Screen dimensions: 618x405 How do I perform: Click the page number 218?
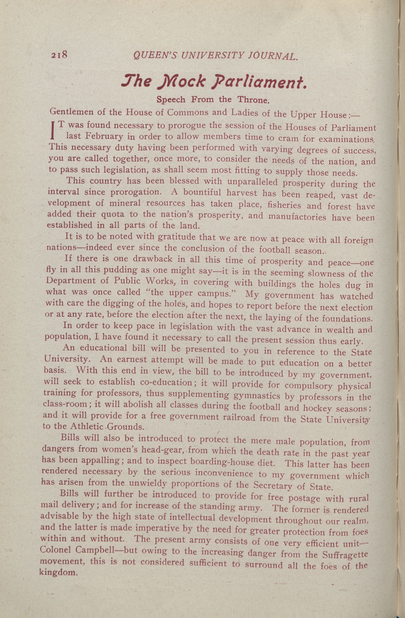60,56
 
